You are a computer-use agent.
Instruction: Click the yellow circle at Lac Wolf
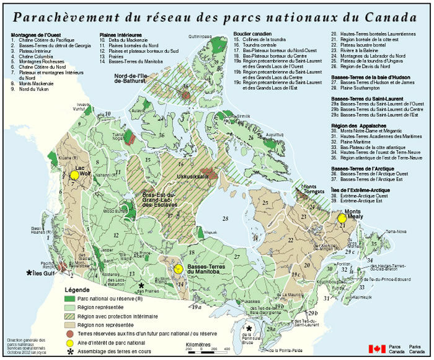click(x=74, y=175)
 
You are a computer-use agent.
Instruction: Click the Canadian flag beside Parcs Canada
click(x=377, y=349)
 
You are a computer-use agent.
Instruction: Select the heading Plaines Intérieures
click(x=120, y=35)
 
